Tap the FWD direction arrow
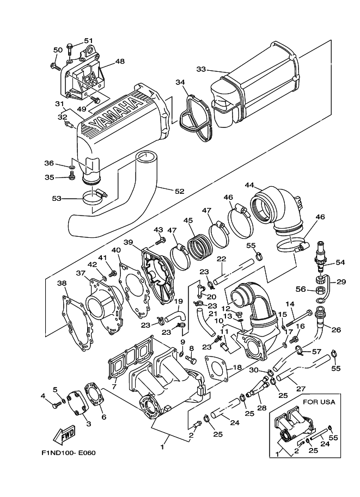63,435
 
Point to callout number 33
200,70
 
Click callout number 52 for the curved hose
179,191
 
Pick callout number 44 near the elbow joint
249,186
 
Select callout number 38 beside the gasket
62,283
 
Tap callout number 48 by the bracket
120,62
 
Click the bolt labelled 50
55,66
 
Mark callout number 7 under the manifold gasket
113,386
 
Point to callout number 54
340,262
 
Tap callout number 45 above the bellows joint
188,220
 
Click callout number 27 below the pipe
298,389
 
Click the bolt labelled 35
71,176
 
